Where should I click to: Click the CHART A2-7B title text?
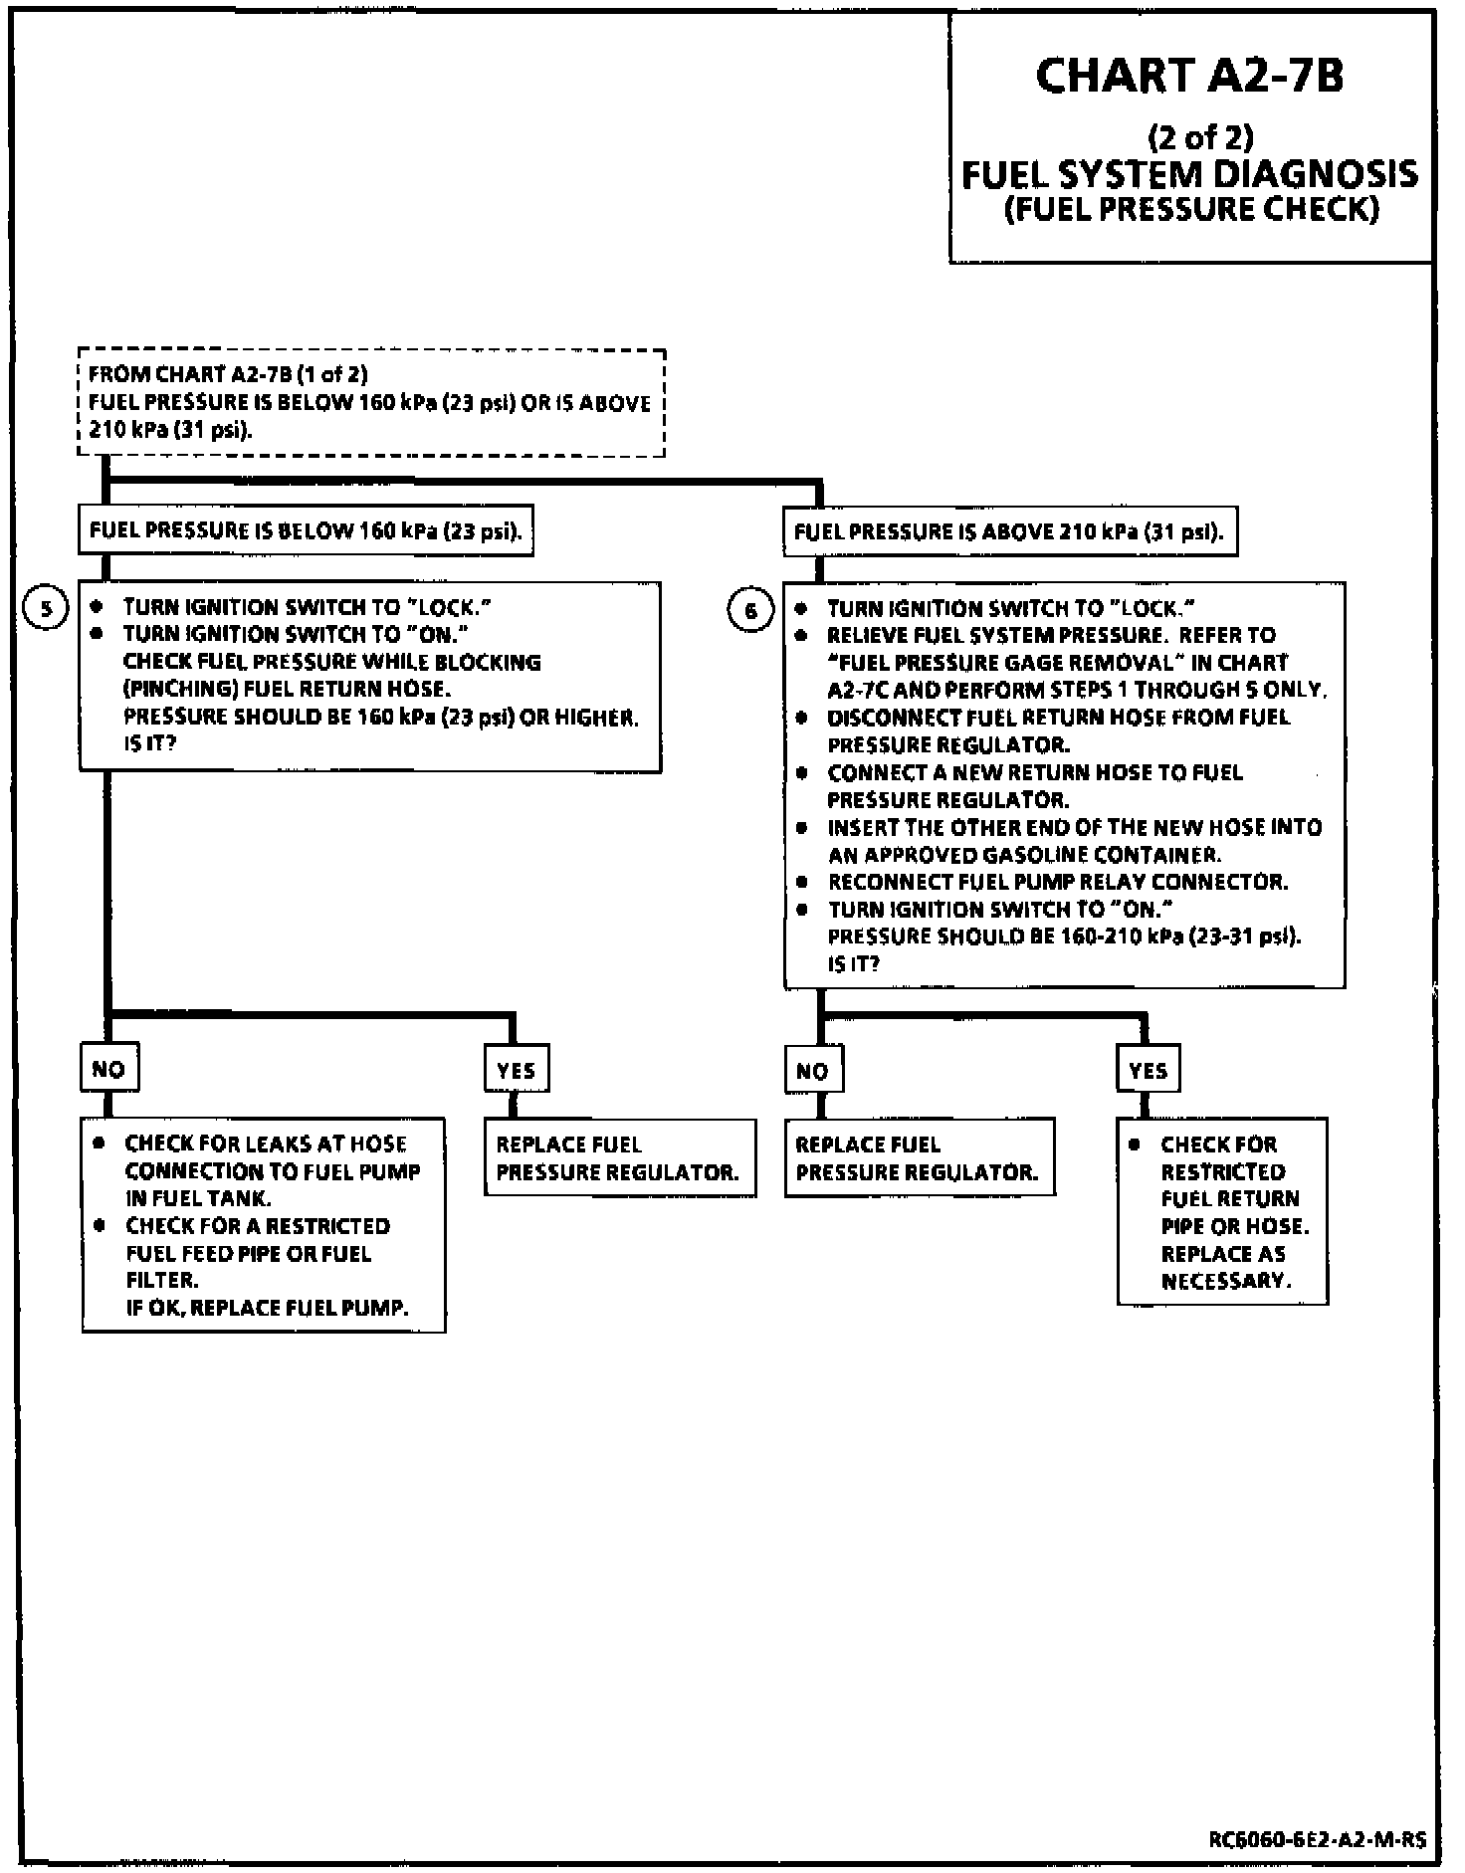[1190, 76]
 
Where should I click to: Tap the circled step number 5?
[45, 608]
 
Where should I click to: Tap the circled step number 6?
[750, 610]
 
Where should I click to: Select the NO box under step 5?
[108, 1069]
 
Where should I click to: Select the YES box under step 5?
[516, 1070]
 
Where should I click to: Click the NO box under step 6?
[812, 1071]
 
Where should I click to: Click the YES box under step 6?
[1148, 1071]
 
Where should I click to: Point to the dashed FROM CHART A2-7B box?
[371, 403]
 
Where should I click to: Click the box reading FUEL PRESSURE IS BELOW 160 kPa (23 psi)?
[306, 530]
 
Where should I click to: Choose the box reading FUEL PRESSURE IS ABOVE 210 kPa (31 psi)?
[1009, 531]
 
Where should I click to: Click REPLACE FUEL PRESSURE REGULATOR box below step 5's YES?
[619, 1157]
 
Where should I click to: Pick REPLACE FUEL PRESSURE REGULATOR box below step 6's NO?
[919, 1157]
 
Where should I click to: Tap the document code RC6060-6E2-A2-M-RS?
[1317, 1839]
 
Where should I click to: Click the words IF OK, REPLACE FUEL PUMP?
[267, 1307]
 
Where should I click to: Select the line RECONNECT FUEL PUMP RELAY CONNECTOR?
[1058, 882]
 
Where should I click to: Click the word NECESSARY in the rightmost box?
[1226, 1281]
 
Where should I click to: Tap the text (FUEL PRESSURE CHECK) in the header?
[1191, 210]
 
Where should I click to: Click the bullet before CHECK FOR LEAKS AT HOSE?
[99, 1144]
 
